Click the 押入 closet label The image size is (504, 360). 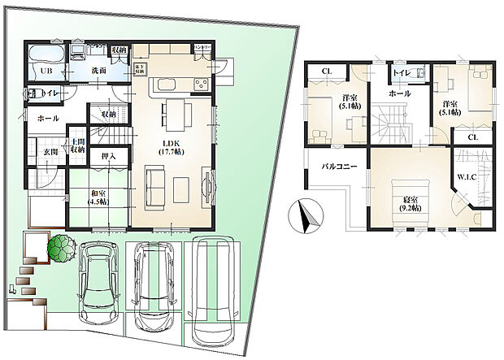pyautogui.click(x=109, y=156)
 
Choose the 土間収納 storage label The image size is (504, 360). pyautogui.click(x=78, y=145)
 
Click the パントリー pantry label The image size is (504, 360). pyautogui.click(x=202, y=48)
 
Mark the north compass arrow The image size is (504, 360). pyautogui.click(x=306, y=215)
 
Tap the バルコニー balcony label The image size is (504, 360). pyautogui.click(x=336, y=166)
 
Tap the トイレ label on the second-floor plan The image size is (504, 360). pyautogui.click(x=401, y=72)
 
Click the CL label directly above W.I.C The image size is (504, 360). pyautogui.click(x=472, y=137)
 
